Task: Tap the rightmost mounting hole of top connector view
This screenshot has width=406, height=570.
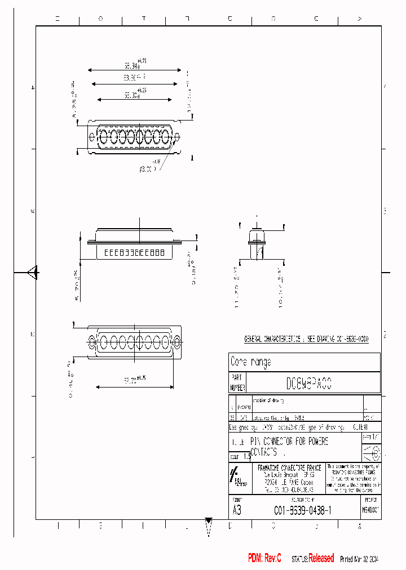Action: (x=177, y=136)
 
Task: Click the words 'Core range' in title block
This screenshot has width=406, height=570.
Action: (x=251, y=362)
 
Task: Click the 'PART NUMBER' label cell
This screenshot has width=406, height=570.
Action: (x=237, y=382)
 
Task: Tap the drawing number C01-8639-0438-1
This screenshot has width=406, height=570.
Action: (x=302, y=510)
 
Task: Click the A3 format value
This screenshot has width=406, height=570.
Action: (x=237, y=510)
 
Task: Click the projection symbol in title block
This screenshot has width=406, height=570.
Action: (x=370, y=452)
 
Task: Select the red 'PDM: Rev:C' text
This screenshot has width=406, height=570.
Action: (x=264, y=558)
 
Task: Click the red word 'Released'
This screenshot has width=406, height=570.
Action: (x=321, y=558)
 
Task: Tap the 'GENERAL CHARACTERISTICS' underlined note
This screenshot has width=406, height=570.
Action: (x=306, y=340)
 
